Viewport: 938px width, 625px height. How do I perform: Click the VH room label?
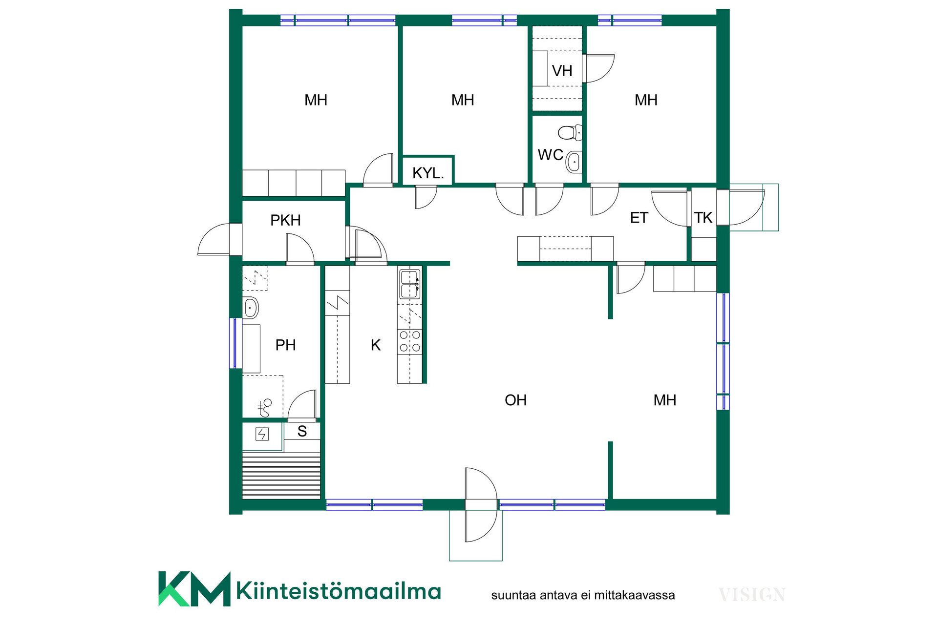(x=562, y=71)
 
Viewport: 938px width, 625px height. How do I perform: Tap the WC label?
(x=551, y=155)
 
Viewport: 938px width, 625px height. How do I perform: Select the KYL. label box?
(x=428, y=170)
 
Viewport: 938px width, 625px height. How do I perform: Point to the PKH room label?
(x=285, y=220)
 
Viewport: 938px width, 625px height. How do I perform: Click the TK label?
(x=703, y=218)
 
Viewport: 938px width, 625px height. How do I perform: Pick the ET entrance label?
(x=639, y=218)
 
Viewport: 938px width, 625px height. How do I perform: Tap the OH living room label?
(x=515, y=400)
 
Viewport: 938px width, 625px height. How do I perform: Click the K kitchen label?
(x=376, y=345)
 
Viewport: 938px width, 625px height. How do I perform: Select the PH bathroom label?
(x=285, y=345)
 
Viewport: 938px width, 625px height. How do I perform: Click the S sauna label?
(x=302, y=431)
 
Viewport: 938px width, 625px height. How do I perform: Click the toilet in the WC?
(x=570, y=132)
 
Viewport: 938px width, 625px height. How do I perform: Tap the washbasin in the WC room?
(x=575, y=162)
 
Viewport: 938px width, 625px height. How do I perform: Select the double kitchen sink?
(x=409, y=284)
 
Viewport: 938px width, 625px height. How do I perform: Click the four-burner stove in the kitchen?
(x=410, y=341)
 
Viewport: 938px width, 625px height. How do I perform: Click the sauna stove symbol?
(x=262, y=434)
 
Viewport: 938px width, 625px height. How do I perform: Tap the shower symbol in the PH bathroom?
(x=264, y=408)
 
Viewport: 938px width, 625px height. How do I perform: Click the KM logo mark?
(x=194, y=589)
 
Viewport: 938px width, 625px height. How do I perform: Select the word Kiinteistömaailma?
(x=339, y=591)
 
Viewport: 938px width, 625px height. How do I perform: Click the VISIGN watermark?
(x=752, y=595)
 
